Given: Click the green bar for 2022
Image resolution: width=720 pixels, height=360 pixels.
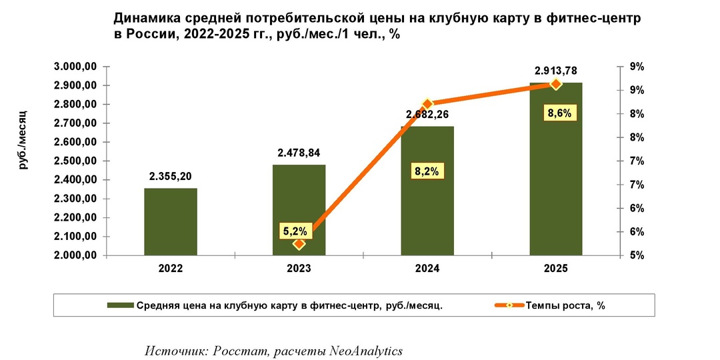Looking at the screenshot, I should click(171, 222).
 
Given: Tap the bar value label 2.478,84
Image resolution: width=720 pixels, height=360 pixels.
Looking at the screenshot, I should click(299, 153).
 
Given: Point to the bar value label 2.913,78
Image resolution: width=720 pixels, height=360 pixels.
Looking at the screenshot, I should click(556, 71).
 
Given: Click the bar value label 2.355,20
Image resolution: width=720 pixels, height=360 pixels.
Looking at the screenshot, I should click(171, 177).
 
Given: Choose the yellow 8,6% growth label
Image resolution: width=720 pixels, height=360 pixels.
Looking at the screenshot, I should click(559, 113).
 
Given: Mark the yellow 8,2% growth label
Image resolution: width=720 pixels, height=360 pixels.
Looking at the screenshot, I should click(426, 171).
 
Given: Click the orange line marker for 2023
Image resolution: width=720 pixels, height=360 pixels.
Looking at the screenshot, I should click(299, 244).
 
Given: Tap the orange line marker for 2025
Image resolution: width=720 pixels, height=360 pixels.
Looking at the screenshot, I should click(556, 84).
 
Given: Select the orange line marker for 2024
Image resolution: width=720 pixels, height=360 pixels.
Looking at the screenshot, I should click(427, 104).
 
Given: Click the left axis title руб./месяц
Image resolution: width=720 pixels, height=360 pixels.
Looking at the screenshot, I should click(24, 137).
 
